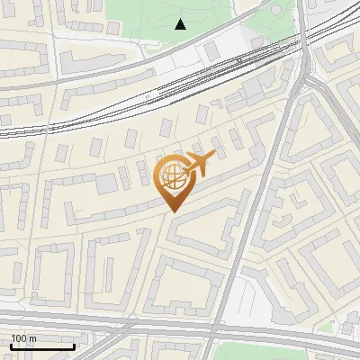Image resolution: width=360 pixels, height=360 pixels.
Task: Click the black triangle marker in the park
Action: [x=181, y=24]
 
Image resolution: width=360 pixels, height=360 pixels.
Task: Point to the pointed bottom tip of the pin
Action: [x=173, y=211]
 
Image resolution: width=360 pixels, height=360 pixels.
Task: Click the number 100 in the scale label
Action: [x=19, y=338]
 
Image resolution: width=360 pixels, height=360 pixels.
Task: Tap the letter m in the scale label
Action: [x=32, y=338]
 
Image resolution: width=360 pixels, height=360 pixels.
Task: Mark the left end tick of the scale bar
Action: [x=11, y=346]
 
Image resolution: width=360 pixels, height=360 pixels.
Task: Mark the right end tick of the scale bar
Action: [x=74, y=346]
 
